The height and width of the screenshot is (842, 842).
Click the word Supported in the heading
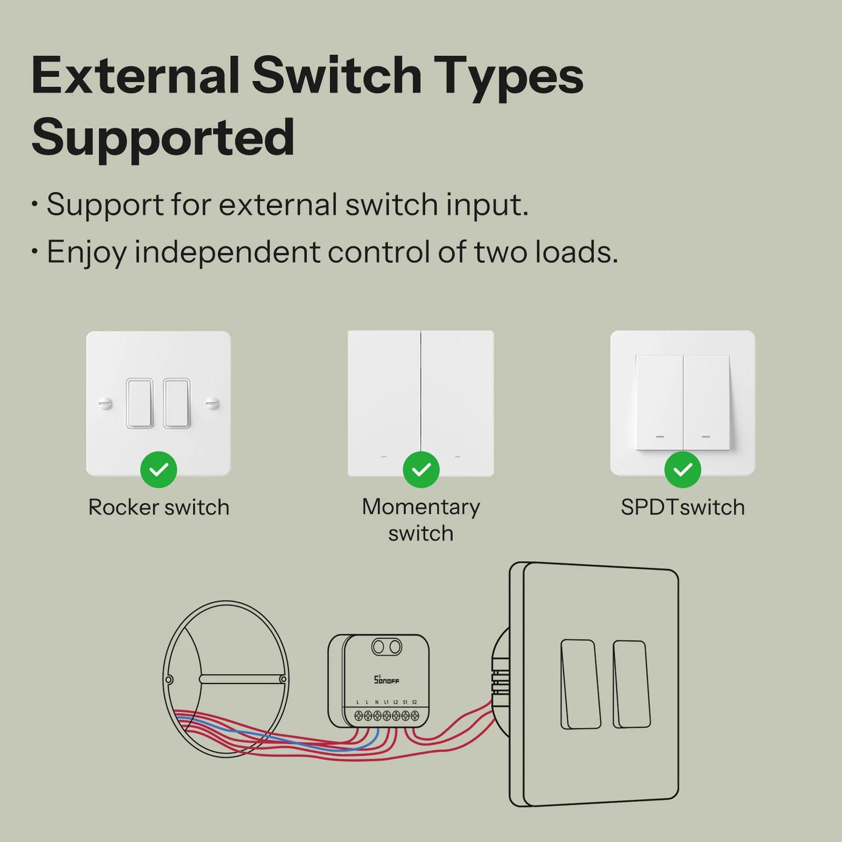point(163,138)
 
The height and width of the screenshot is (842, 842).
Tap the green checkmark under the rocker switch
point(158,470)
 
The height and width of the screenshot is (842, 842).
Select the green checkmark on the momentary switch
point(421,470)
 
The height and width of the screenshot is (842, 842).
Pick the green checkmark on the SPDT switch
point(682,470)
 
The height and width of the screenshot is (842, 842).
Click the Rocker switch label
point(158,507)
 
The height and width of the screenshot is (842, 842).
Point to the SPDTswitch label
point(682,507)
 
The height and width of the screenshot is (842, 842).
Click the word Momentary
point(421,506)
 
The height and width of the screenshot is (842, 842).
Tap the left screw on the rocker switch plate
point(105,403)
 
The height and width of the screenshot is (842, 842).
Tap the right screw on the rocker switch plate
point(212,403)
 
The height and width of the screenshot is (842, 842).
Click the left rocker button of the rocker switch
point(140,403)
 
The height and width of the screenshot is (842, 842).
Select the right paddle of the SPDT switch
point(706,403)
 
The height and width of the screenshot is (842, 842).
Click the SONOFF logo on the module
point(386,679)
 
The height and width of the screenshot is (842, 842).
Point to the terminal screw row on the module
point(386,716)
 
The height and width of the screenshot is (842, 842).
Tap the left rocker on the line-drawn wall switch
point(580,684)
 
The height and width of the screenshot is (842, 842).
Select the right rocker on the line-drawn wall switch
point(632,684)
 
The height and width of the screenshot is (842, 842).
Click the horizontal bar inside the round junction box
point(242,679)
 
